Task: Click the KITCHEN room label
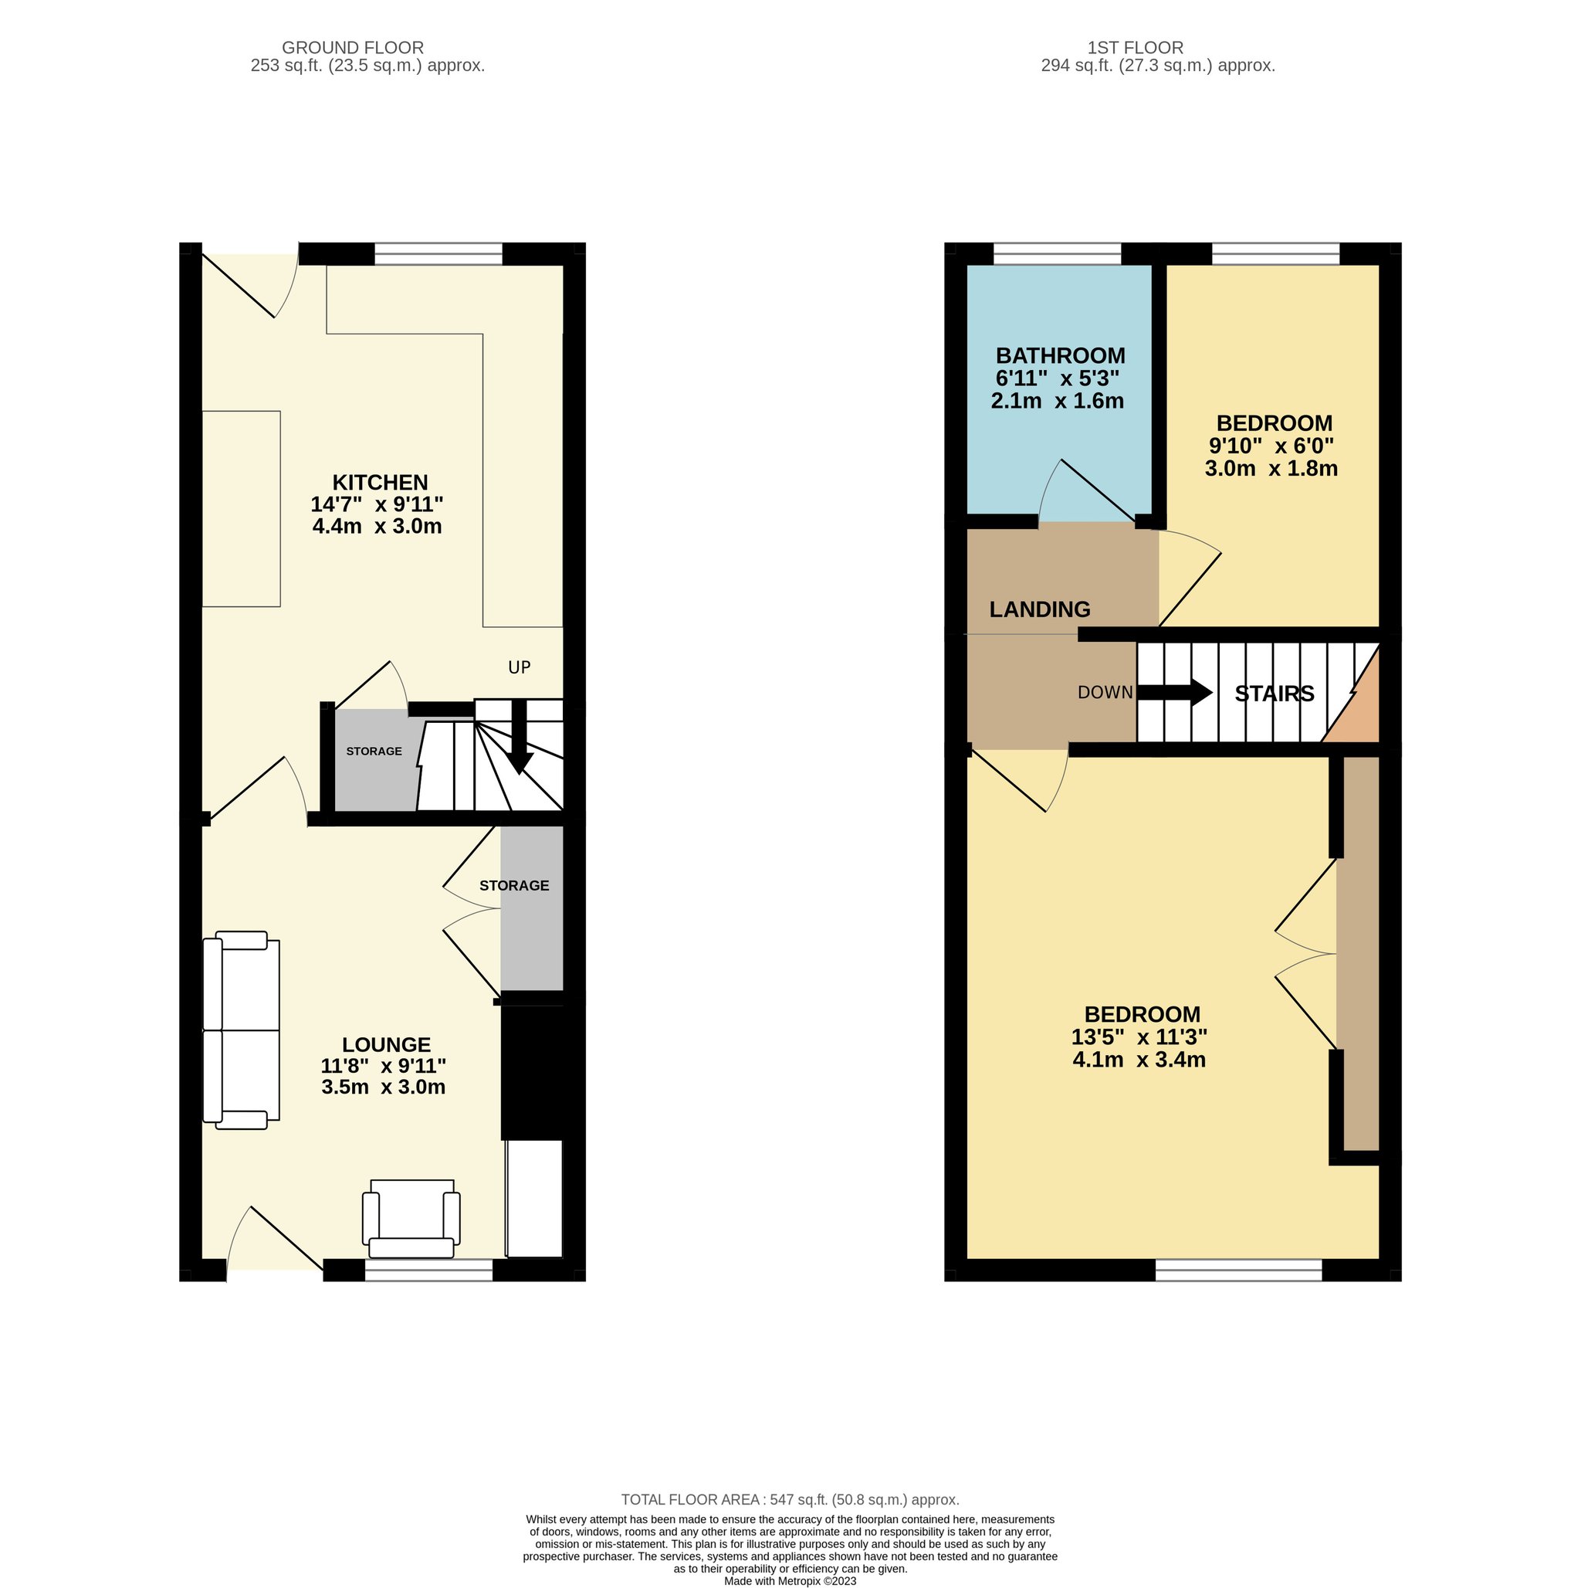(380, 483)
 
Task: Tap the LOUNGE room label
(386, 1045)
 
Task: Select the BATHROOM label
(1060, 356)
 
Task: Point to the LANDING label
(1040, 609)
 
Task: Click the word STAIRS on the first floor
(1275, 694)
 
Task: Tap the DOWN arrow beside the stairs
(1174, 692)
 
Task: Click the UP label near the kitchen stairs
(520, 667)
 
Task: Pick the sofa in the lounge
(241, 1030)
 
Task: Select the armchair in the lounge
(411, 1219)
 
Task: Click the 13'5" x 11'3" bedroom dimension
(1139, 1037)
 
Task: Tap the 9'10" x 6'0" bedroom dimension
(1271, 446)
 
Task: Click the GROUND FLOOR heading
(353, 48)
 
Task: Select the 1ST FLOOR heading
(1135, 48)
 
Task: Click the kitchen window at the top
(438, 254)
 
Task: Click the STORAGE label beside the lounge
(514, 885)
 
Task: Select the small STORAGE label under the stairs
(374, 752)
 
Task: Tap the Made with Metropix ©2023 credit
(790, 1580)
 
